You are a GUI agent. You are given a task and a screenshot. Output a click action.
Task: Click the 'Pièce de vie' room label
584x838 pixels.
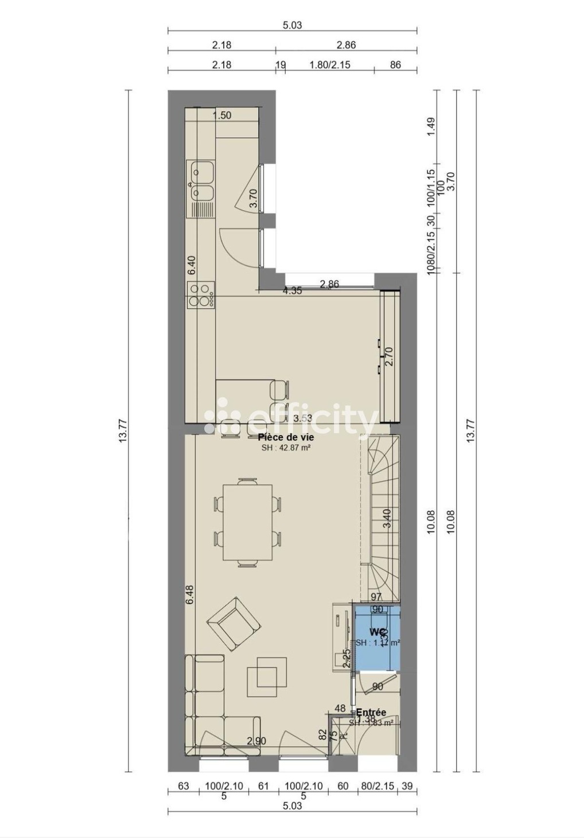coord(286,437)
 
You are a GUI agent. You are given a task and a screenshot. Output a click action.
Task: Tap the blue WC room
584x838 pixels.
coord(376,637)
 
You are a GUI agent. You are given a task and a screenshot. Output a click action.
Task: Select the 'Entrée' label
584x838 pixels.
coord(371,712)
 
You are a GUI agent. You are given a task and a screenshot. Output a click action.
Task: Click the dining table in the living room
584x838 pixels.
coord(248,522)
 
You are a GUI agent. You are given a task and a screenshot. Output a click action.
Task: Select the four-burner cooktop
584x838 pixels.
coord(201,295)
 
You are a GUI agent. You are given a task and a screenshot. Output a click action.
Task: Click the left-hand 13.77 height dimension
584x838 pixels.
coord(123,430)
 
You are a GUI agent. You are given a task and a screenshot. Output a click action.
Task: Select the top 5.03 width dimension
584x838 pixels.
coord(292,25)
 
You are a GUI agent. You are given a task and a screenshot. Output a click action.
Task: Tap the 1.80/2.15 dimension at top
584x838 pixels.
coord(330,65)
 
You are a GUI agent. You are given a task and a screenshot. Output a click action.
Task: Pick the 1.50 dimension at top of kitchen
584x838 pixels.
coord(221,115)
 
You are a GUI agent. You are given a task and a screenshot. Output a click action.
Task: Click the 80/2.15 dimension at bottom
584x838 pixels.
coord(377,786)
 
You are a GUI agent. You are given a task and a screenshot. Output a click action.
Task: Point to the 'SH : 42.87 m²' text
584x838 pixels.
coord(286,448)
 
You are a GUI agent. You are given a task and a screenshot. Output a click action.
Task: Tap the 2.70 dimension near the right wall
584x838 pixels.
coord(389,356)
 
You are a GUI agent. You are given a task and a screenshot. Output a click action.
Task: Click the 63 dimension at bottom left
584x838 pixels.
coord(183,786)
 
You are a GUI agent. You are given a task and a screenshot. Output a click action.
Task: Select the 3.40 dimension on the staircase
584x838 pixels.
coord(387,518)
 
